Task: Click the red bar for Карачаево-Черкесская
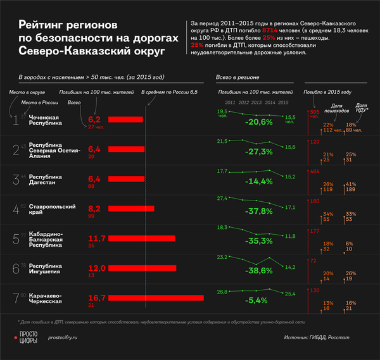click(x=156, y=297)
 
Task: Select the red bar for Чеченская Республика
click(x=125, y=119)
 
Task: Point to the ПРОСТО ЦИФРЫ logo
click(x=28, y=338)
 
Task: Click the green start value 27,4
click(x=222, y=199)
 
